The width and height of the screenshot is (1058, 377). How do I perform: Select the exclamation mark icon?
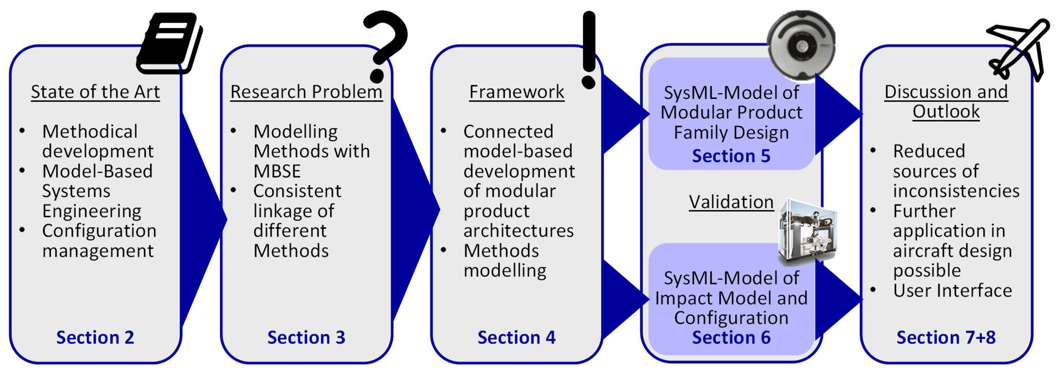pyautogui.click(x=588, y=49)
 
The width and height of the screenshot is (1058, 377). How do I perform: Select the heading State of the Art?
pyautogui.click(x=95, y=92)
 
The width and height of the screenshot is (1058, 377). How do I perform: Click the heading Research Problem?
pyautogui.click(x=306, y=92)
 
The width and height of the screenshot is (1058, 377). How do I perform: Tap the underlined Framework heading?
pyautogui.click(x=517, y=92)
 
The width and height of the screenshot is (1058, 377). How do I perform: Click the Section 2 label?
pyautogui.click(x=95, y=338)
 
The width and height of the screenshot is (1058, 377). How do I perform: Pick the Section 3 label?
pyautogui.click(x=306, y=338)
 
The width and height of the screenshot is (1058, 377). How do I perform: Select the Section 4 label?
pyautogui.click(x=517, y=338)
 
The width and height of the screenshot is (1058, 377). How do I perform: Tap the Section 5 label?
pyautogui.click(x=731, y=156)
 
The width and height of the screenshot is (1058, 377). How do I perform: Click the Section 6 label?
pyautogui.click(x=731, y=338)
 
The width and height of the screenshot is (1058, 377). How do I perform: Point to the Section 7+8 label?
pyautogui.click(x=946, y=338)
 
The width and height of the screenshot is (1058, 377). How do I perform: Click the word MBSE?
pyautogui.click(x=277, y=171)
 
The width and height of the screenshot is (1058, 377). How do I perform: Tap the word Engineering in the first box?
pyautogui.click(x=92, y=211)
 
